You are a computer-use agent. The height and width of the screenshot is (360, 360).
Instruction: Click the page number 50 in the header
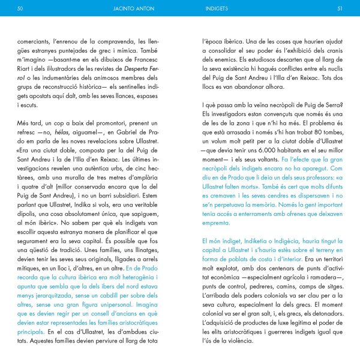pyautogui.click(x=20, y=9)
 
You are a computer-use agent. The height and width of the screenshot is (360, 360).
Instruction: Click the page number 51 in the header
pyautogui.click(x=340, y=9)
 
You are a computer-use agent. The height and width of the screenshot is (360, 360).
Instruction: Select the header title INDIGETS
pyautogui.click(x=215, y=9)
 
